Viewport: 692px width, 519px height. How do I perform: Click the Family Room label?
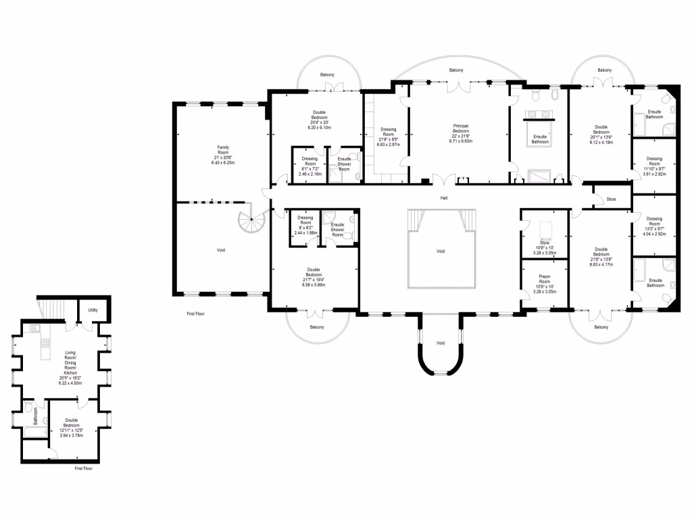[223, 147]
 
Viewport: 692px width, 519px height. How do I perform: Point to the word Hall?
[444, 198]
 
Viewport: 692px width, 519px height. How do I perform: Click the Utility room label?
[93, 310]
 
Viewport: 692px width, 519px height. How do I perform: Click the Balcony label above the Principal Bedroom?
[456, 70]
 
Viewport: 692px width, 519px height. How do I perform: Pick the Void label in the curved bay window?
[441, 343]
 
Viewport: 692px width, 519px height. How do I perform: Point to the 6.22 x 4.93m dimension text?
[71, 382]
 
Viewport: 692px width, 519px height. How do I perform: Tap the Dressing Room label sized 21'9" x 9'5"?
[389, 129]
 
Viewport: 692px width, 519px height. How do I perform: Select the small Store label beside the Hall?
[612, 199]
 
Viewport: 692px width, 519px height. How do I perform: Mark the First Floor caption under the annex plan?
[84, 468]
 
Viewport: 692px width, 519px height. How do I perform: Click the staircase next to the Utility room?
[51, 309]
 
